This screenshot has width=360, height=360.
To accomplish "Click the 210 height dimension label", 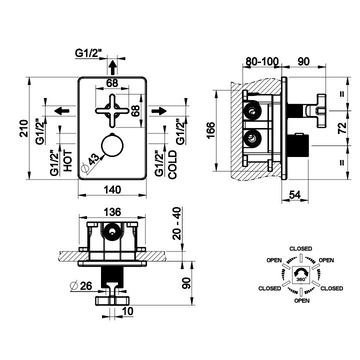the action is [24, 128].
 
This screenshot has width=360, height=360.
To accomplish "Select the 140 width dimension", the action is [112, 190].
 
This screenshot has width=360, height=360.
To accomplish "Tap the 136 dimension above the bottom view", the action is [112, 212].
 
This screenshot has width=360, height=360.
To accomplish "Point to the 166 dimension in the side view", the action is [211, 130].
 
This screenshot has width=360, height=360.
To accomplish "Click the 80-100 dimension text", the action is [262, 61].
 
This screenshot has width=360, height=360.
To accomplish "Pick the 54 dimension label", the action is [294, 195].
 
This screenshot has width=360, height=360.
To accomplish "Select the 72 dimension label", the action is [342, 128].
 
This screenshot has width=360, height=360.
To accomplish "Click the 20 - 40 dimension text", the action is [177, 223].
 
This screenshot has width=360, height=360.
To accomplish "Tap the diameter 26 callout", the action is [81, 285].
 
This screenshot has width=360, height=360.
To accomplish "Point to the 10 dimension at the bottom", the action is [127, 311].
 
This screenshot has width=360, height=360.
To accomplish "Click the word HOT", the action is [67, 161].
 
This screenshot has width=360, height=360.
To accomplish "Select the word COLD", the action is [172, 164].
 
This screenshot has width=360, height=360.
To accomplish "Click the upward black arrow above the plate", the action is [112, 67].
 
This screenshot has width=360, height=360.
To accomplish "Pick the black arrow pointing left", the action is [62, 111].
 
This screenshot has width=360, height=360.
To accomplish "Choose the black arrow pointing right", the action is [159, 111].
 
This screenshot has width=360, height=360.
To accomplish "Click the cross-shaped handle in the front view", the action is [112, 111].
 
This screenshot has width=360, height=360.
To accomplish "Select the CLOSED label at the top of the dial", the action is [301, 248].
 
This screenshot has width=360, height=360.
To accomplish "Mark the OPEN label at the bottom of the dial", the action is [302, 300].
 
